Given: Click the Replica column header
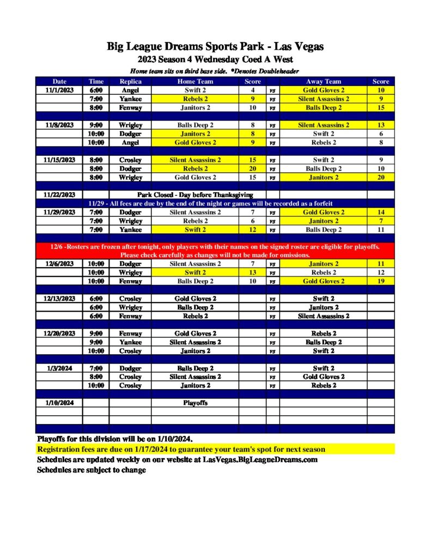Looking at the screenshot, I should point(130,81).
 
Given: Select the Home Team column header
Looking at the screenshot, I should point(195,81).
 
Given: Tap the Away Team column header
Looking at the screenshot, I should point(323,81).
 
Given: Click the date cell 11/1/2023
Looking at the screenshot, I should point(59,90).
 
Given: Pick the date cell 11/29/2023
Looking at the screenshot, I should point(59,212).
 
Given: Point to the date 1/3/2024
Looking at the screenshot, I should point(59,368).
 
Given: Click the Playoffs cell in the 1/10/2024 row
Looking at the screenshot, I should point(195,403).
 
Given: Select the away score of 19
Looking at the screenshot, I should point(380,281).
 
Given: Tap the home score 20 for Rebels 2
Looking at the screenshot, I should point(252,168).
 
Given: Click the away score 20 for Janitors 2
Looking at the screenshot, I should point(380,177).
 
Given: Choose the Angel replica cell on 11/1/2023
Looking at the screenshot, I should point(130,90).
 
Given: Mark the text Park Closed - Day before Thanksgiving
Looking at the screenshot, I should point(195,195).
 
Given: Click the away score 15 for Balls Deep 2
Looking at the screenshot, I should point(380,107).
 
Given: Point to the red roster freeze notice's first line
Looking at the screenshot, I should point(215,247).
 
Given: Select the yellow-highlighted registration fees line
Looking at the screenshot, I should point(181,450).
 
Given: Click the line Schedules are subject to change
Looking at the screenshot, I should point(91,470).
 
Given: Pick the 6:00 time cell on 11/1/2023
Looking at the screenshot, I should point(96,90).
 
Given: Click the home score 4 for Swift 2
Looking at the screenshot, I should point(252,90).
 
